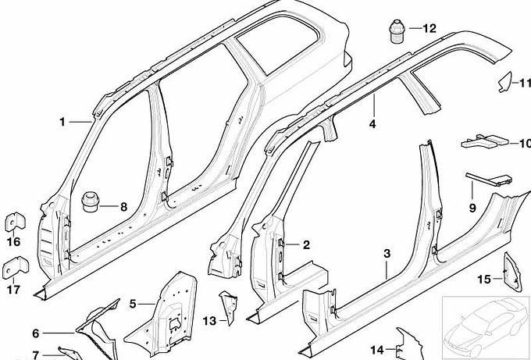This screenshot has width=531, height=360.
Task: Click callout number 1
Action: (62, 122)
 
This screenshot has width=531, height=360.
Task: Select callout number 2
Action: (306, 245)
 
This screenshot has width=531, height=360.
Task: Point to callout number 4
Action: (373, 124)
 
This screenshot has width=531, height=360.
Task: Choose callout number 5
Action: (133, 303)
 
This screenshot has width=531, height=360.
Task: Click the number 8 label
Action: (123, 207)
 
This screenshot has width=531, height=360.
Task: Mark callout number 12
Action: (429, 28)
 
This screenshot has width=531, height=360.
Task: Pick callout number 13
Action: (208, 321)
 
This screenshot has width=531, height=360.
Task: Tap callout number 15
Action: (483, 279)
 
